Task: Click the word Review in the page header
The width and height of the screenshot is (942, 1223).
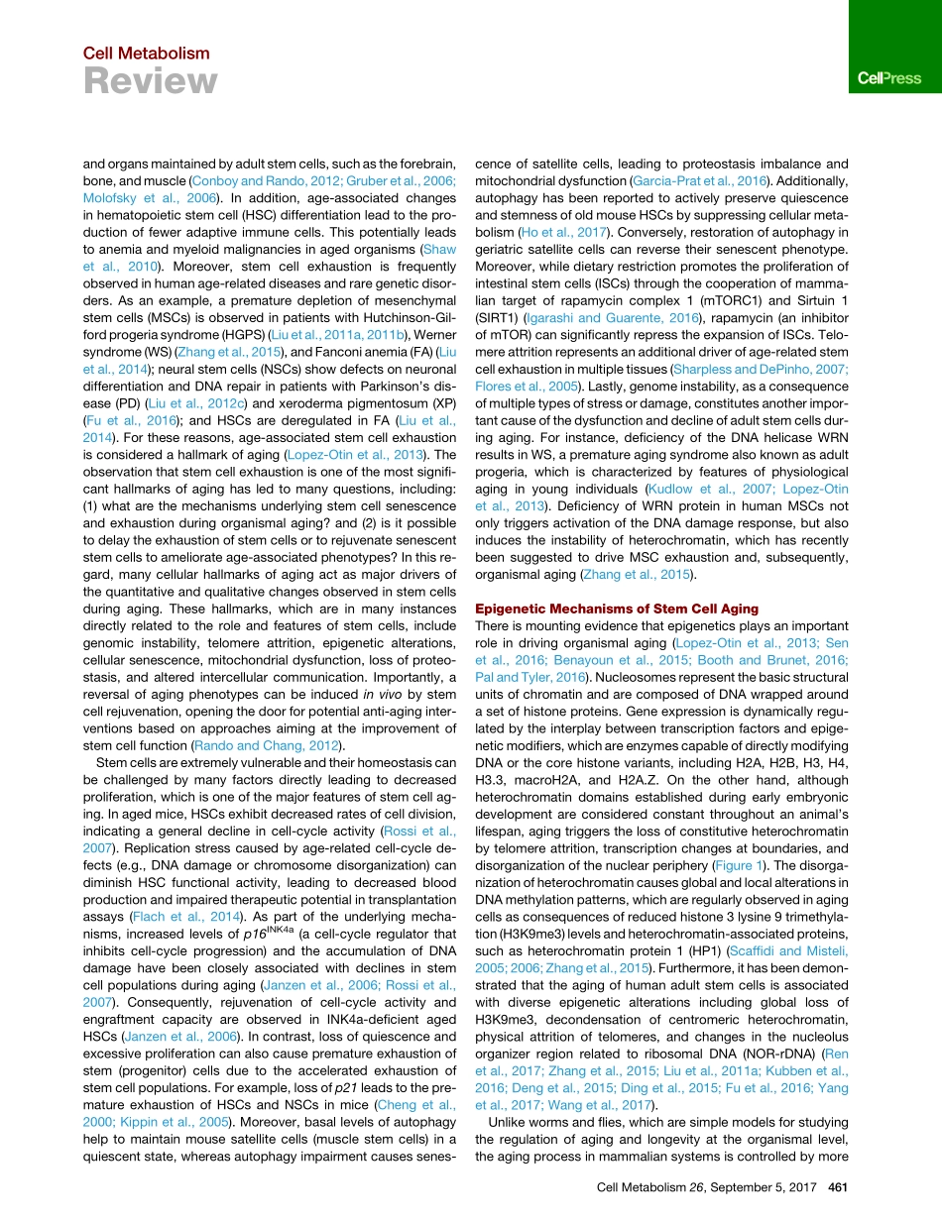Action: pos(150,82)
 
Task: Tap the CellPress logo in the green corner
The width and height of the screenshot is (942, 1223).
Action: pos(888,78)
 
